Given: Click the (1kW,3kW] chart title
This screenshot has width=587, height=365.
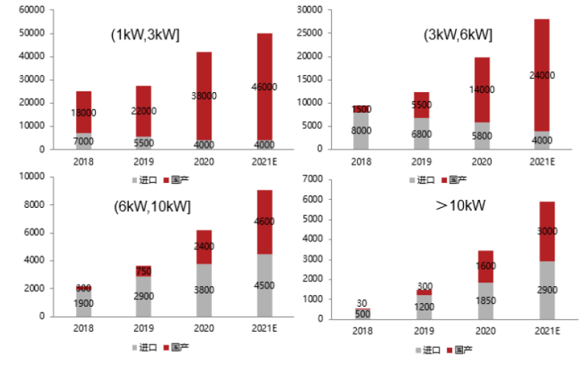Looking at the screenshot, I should pyautogui.click(x=146, y=35).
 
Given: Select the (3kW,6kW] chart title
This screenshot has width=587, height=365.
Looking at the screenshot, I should pyautogui.click(x=458, y=35).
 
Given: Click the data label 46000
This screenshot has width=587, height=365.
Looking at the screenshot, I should pyautogui.click(x=263, y=86).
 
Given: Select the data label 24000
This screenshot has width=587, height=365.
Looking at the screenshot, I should pyautogui.click(x=542, y=75).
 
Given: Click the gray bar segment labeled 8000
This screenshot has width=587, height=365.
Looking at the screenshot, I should pyautogui.click(x=361, y=131).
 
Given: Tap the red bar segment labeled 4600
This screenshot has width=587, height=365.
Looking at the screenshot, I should pyautogui.click(x=263, y=221).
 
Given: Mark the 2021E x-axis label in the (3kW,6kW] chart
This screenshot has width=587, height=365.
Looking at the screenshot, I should pyautogui.click(x=542, y=161).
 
